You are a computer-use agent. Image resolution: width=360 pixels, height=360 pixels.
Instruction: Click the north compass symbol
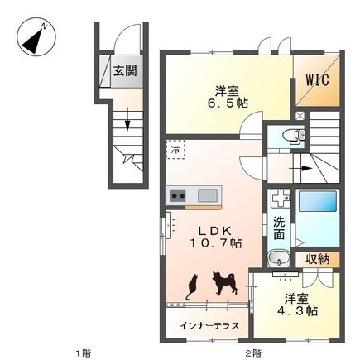pos(36,37)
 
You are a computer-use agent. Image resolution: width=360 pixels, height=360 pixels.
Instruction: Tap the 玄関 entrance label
pos(126,72)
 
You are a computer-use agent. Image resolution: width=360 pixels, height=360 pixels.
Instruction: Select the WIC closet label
pos(317,80)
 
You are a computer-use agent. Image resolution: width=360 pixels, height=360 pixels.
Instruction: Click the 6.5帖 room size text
pos(228,103)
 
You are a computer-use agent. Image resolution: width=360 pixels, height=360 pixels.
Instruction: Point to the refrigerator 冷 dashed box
pos(175,150)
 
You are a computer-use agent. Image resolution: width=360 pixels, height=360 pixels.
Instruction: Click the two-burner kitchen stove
pos(178,196)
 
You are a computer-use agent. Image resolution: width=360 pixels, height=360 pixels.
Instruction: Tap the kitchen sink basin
pos(207,195)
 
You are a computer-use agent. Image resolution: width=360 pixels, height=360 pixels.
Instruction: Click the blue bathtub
pos(317,201)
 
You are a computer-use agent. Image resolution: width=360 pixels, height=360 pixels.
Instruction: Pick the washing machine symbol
pos(281,199)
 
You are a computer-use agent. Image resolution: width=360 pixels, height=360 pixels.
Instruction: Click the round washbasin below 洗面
pos(279,259)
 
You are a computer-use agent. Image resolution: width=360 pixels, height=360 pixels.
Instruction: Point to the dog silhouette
pos(224,283)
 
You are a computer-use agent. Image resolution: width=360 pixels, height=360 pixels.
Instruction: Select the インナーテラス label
pos(209,326)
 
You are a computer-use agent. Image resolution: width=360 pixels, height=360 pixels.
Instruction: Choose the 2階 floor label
pos(253,353)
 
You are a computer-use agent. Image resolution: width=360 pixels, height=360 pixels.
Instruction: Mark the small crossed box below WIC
pos(300,115)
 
